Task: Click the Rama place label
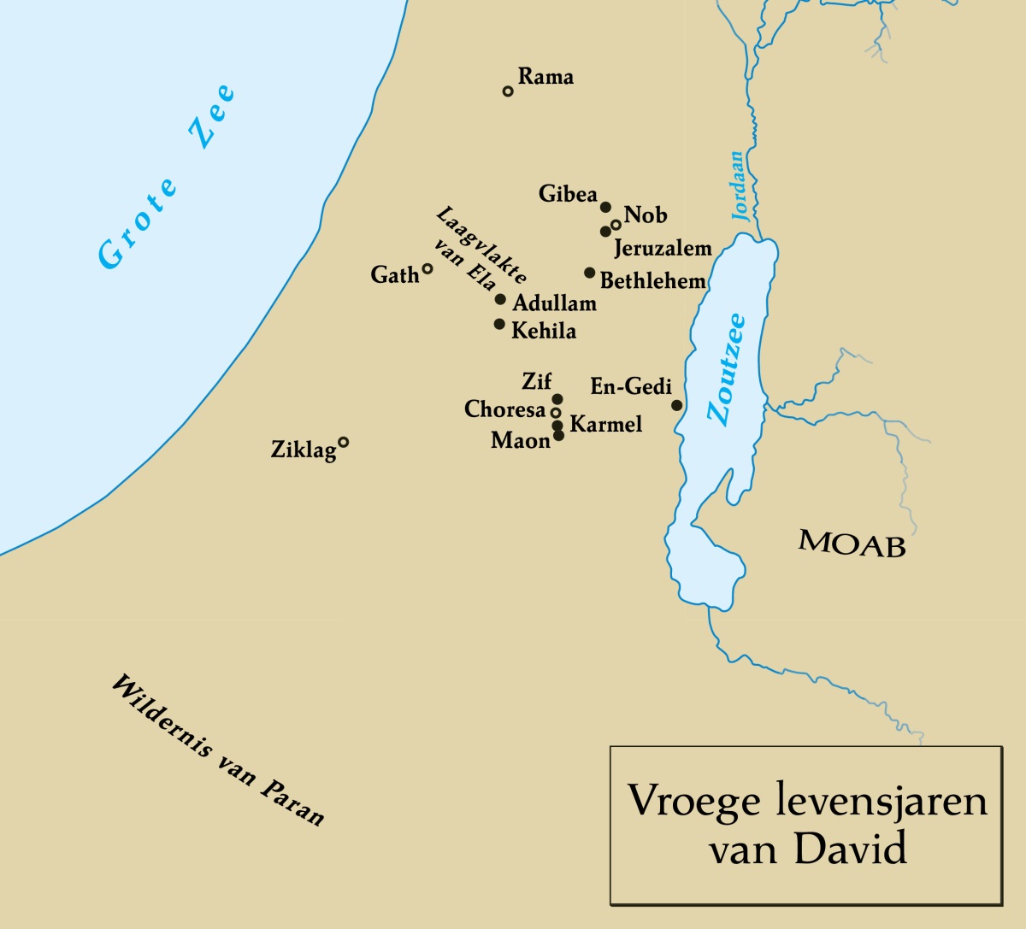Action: click(x=545, y=77)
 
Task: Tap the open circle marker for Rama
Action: click(x=508, y=91)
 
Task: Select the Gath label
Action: click(x=394, y=275)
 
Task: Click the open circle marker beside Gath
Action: click(x=427, y=268)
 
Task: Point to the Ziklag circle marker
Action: click(x=343, y=442)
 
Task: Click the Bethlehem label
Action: click(x=652, y=281)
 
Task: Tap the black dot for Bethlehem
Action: click(x=589, y=273)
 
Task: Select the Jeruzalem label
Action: click(x=663, y=249)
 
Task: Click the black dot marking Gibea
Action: click(x=605, y=207)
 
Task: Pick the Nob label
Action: click(x=646, y=215)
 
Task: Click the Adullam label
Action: click(x=554, y=303)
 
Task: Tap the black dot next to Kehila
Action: click(x=499, y=324)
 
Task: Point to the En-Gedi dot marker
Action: click(x=676, y=405)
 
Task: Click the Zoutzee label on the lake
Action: click(x=727, y=370)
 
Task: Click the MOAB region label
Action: click(x=852, y=544)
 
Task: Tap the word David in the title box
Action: click(x=849, y=850)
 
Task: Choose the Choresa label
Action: click(x=504, y=410)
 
